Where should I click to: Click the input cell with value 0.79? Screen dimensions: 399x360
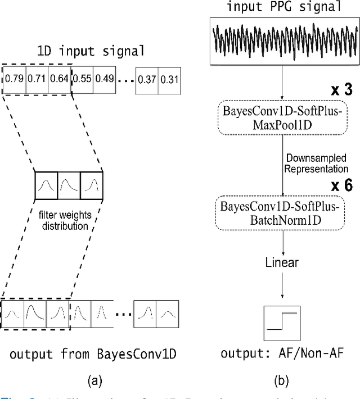(x=13, y=78)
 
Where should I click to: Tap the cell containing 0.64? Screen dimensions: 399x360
(x=58, y=78)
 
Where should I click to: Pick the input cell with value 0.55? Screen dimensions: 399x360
(x=82, y=78)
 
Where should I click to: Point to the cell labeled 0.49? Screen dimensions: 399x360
(x=103, y=78)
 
